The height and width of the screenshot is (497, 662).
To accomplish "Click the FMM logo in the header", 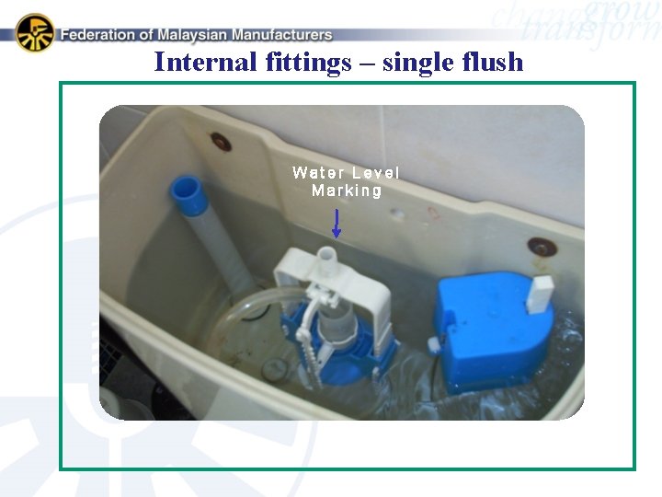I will click(34, 32).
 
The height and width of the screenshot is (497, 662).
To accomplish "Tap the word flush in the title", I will click(495, 63).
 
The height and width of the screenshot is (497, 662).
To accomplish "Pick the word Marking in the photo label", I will click(347, 191).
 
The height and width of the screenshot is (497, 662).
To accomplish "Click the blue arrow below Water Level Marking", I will click(337, 224).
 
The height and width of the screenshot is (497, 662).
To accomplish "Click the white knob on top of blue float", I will click(541, 294).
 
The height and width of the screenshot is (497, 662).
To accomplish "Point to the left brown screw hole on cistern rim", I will click(221, 142).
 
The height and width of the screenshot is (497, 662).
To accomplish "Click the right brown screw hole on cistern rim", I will click(541, 247).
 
